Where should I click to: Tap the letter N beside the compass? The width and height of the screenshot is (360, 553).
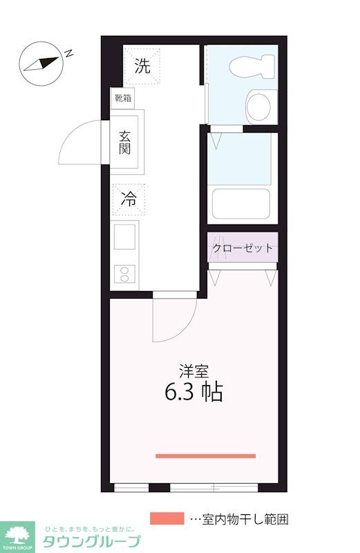coord(70,52)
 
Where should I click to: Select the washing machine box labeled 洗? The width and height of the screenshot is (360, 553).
coord(142,66)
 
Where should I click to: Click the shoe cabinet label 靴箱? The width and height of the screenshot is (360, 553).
coord(122,98)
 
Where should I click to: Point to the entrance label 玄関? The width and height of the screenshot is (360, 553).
coord(125,143)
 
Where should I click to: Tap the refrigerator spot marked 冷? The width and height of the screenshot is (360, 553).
coord(129,199)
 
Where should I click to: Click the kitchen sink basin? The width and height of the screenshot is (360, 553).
coord(125,238)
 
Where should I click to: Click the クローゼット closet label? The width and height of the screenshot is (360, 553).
coord(243,248)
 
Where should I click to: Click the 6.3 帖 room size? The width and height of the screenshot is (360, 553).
coord(193,393)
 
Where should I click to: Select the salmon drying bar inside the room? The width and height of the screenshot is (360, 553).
coord(205,456)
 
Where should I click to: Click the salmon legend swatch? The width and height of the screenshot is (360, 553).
coord(167,518)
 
